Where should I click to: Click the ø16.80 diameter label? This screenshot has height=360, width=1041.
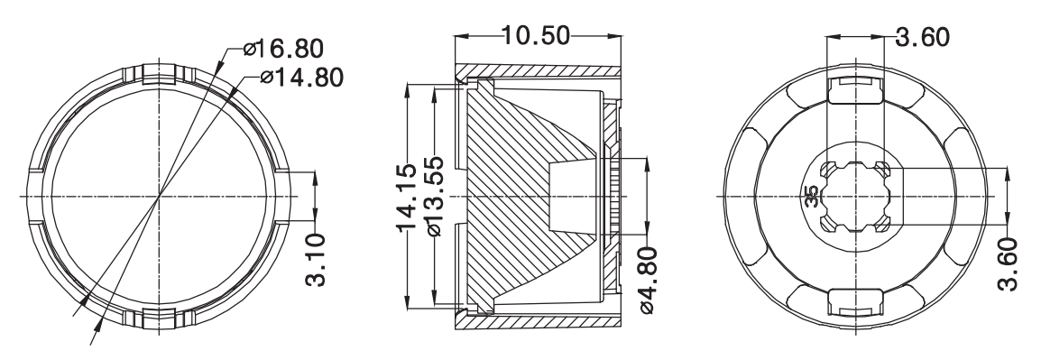click(x=283, y=49)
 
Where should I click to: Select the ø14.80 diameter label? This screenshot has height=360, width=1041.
click(x=302, y=78)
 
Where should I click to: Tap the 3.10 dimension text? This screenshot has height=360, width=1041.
click(x=316, y=259)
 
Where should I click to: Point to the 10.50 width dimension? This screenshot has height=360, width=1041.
click(x=536, y=35)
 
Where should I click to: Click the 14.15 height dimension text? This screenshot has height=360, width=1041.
click(x=407, y=198)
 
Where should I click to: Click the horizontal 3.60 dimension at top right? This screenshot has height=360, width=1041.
click(x=922, y=37)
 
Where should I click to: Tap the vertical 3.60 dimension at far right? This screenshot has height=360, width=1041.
click(x=1008, y=263)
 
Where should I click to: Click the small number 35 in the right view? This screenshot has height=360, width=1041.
click(x=811, y=198)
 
